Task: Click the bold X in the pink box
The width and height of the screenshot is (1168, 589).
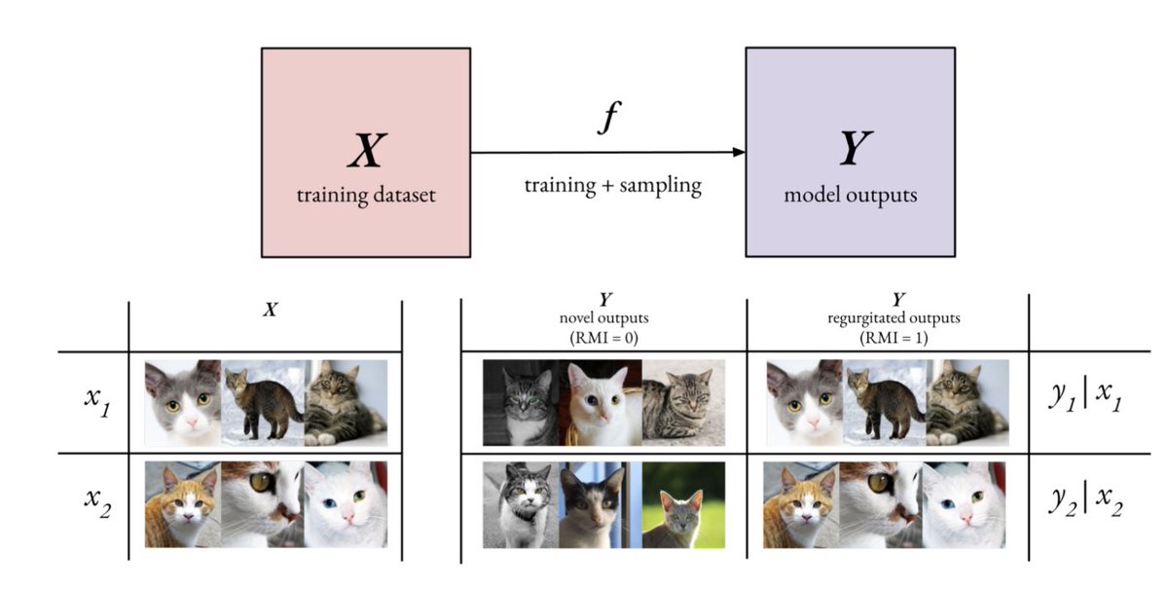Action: [x=366, y=154]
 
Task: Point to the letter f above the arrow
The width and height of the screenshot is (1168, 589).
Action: [x=607, y=119]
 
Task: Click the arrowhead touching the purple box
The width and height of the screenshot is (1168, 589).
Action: [x=739, y=152]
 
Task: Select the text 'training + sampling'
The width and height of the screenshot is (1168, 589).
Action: [x=612, y=185]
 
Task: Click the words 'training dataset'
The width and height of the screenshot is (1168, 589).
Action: [x=366, y=195]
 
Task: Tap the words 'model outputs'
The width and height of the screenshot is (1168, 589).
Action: [x=851, y=195]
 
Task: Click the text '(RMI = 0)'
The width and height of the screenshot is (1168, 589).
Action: [x=603, y=338]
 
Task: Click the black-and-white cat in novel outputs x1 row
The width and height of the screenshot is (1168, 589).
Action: [x=521, y=401]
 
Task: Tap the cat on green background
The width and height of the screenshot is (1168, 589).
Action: [x=683, y=504]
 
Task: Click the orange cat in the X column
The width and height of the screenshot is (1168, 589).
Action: [x=183, y=504]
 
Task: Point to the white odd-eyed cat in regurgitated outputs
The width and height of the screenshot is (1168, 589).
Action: [x=964, y=504]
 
